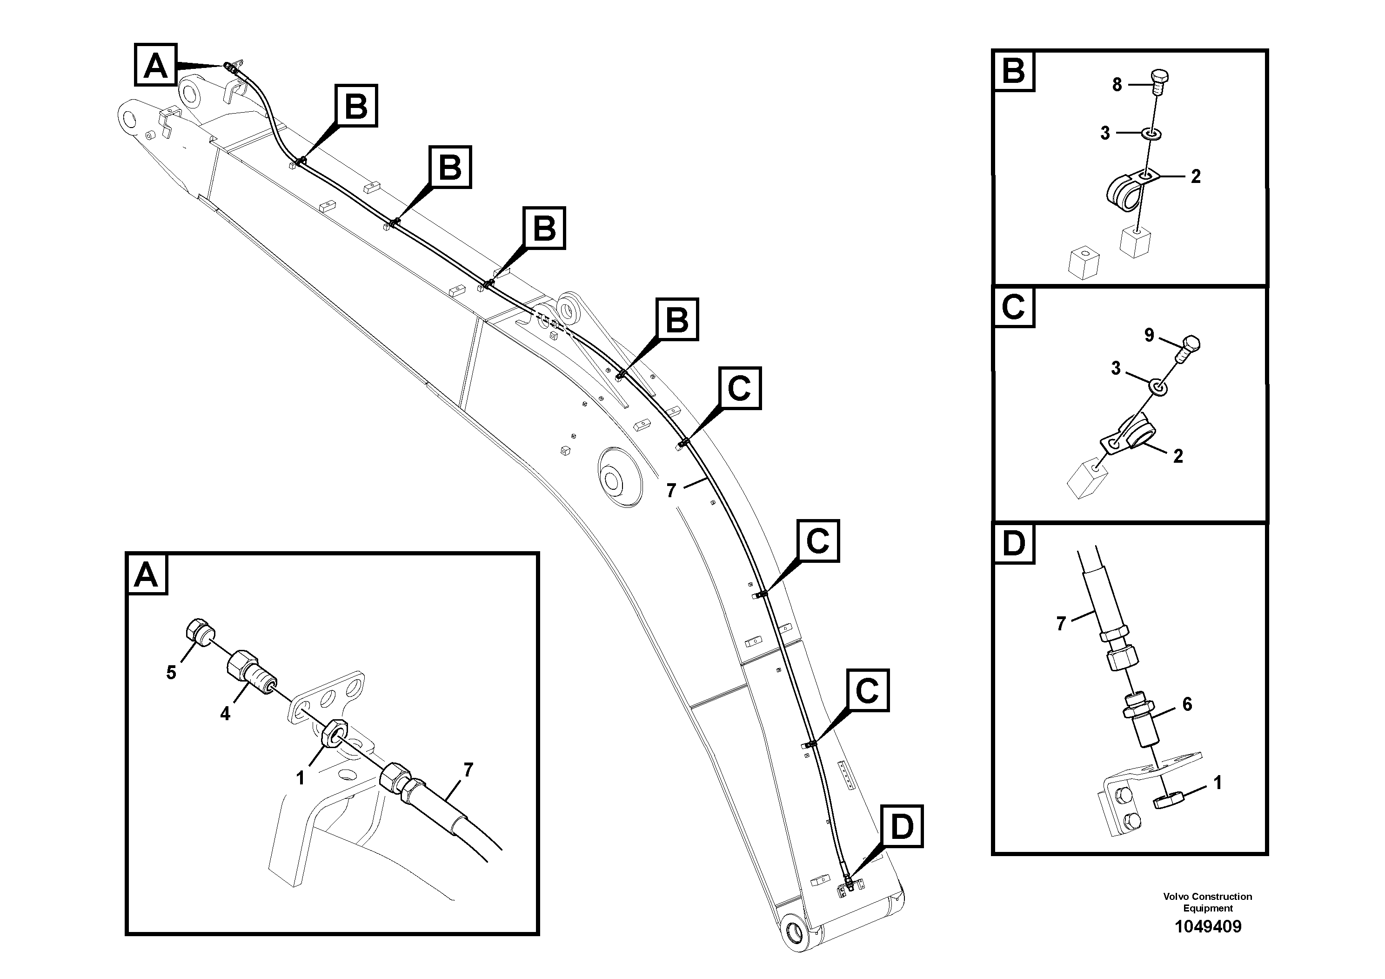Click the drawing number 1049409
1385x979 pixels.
(1207, 926)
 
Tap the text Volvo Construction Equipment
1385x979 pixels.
(1207, 902)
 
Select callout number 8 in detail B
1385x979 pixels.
(1117, 85)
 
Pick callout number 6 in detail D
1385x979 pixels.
(1186, 704)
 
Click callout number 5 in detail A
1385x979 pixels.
(171, 672)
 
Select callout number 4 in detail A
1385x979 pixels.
(225, 714)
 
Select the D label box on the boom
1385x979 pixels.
(902, 826)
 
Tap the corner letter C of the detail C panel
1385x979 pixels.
(1013, 307)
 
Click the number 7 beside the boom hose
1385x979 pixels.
(671, 491)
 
